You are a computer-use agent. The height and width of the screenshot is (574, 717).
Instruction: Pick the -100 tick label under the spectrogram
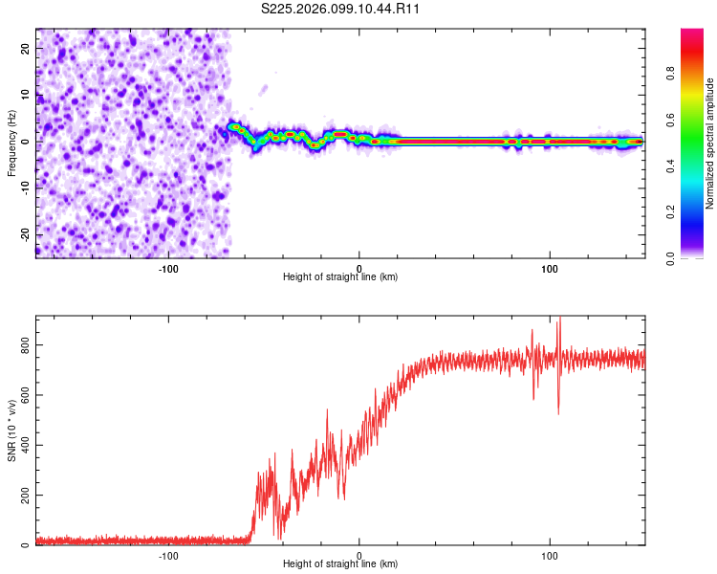(x=169, y=268)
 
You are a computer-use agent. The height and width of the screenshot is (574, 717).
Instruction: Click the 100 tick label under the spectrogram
(x=550, y=268)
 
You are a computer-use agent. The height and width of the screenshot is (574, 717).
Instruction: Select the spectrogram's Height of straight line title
(x=340, y=277)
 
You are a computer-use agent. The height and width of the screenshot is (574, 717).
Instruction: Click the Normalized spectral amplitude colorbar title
(x=710, y=143)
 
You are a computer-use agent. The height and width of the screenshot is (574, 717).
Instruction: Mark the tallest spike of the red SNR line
(x=559, y=320)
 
